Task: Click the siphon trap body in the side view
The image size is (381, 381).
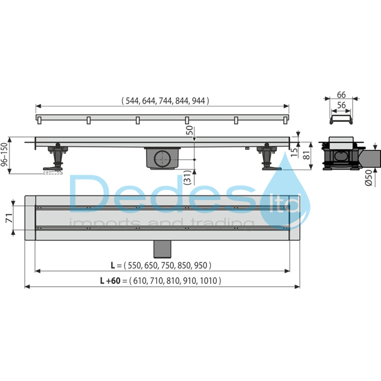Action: tap(164, 159)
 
